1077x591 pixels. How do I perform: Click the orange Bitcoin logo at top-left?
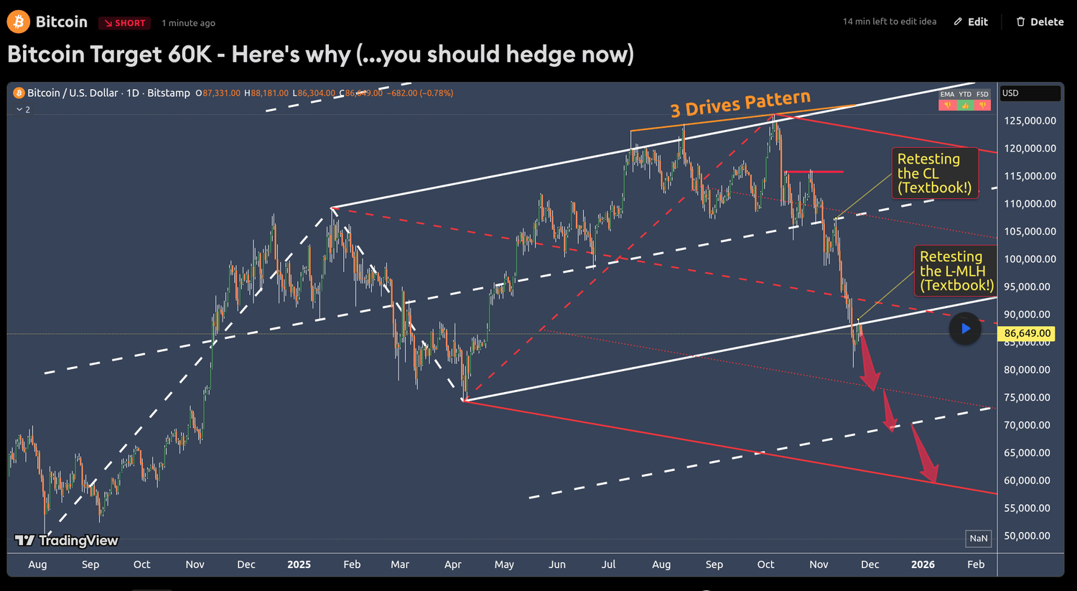click(x=18, y=22)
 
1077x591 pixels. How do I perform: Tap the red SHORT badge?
click(x=124, y=23)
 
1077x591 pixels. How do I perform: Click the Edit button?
click(x=971, y=22)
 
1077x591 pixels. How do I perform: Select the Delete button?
click(x=1040, y=22)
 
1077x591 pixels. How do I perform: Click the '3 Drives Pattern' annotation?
click(x=740, y=104)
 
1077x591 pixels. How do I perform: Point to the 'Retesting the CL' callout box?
click(x=934, y=173)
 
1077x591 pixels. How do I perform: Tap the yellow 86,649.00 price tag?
click(x=1027, y=333)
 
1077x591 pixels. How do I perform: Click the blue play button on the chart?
click(x=965, y=329)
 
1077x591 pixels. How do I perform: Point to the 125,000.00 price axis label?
click(x=1030, y=121)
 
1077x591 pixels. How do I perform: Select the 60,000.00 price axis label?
click(x=1030, y=480)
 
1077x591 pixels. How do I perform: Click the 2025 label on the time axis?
click(x=299, y=564)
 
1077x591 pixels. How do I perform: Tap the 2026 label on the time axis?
click(x=923, y=564)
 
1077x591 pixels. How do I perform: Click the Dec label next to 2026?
click(x=869, y=564)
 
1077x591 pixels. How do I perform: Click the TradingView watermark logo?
click(x=67, y=541)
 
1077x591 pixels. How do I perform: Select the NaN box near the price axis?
click(x=978, y=539)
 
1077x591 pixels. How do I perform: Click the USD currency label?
click(x=1010, y=93)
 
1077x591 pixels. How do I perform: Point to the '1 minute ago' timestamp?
click(x=188, y=23)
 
